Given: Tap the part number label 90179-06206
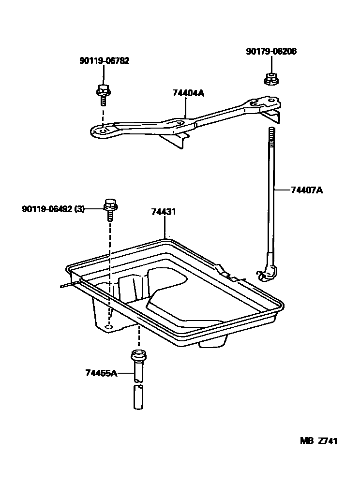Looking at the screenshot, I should click(271, 51).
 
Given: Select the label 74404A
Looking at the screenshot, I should click(188, 93).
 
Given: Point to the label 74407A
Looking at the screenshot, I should click(306, 190).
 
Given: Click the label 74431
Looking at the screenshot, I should click(163, 212).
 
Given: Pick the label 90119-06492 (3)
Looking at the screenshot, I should click(53, 209).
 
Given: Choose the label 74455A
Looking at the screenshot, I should click(101, 373).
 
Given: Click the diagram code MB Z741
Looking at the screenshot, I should click(318, 441).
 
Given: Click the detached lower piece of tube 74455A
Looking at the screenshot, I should click(138, 397).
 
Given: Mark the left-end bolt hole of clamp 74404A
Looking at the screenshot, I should click(103, 130).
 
